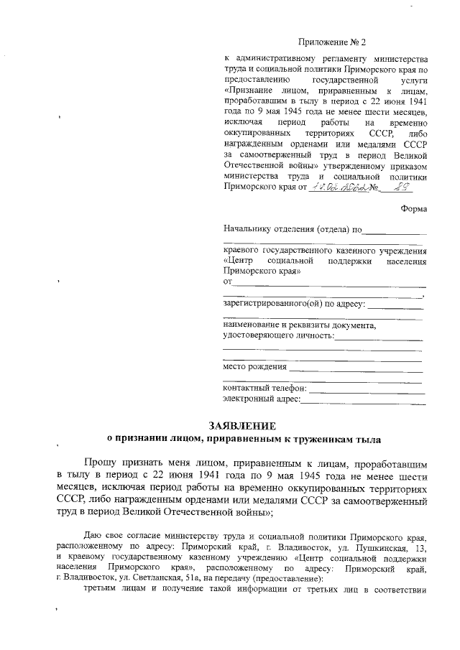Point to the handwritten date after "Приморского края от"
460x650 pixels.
(338, 187)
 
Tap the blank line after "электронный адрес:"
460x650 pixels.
(362, 399)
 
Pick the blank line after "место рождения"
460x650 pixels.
(355, 368)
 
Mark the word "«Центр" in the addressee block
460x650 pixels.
(239, 261)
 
